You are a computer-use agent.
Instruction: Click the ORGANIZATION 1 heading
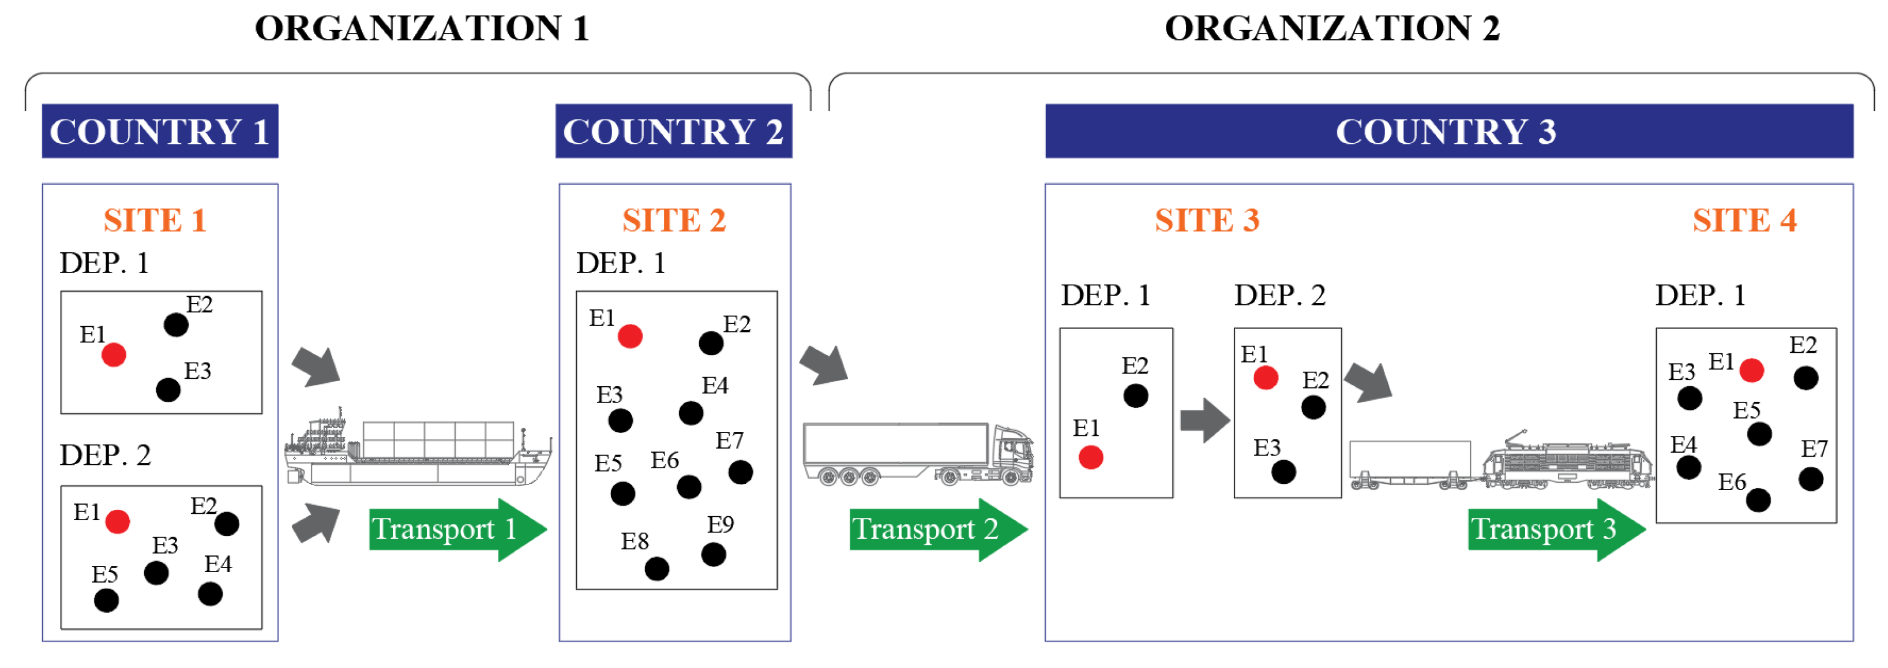422,29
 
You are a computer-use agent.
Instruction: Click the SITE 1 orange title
155,221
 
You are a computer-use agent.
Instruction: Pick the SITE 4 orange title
1744,221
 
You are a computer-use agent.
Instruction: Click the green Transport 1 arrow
455,529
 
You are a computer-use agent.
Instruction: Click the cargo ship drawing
418,451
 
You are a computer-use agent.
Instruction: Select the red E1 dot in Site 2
629,337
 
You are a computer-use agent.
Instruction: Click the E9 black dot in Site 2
712,554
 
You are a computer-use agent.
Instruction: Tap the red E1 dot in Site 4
1751,370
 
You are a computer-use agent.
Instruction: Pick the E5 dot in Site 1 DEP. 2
106,600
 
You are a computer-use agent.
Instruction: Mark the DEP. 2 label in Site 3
1279,296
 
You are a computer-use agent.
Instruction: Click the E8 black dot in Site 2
656,568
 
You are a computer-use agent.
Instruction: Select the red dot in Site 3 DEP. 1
1090,458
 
